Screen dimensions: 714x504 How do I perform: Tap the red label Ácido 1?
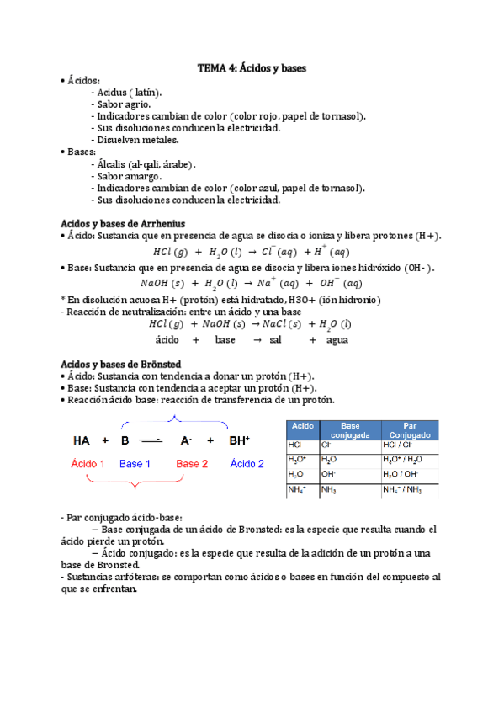88,464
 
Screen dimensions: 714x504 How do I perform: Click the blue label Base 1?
135,464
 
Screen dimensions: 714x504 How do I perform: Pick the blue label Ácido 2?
247,464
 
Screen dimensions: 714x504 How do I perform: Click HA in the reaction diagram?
82,440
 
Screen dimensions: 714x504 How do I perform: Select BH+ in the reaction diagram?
240,440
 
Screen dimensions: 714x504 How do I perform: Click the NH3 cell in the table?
330,490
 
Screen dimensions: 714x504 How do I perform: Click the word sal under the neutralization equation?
276,340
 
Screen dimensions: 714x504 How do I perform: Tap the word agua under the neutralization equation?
337,340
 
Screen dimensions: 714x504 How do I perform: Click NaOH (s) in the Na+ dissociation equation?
163,284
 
